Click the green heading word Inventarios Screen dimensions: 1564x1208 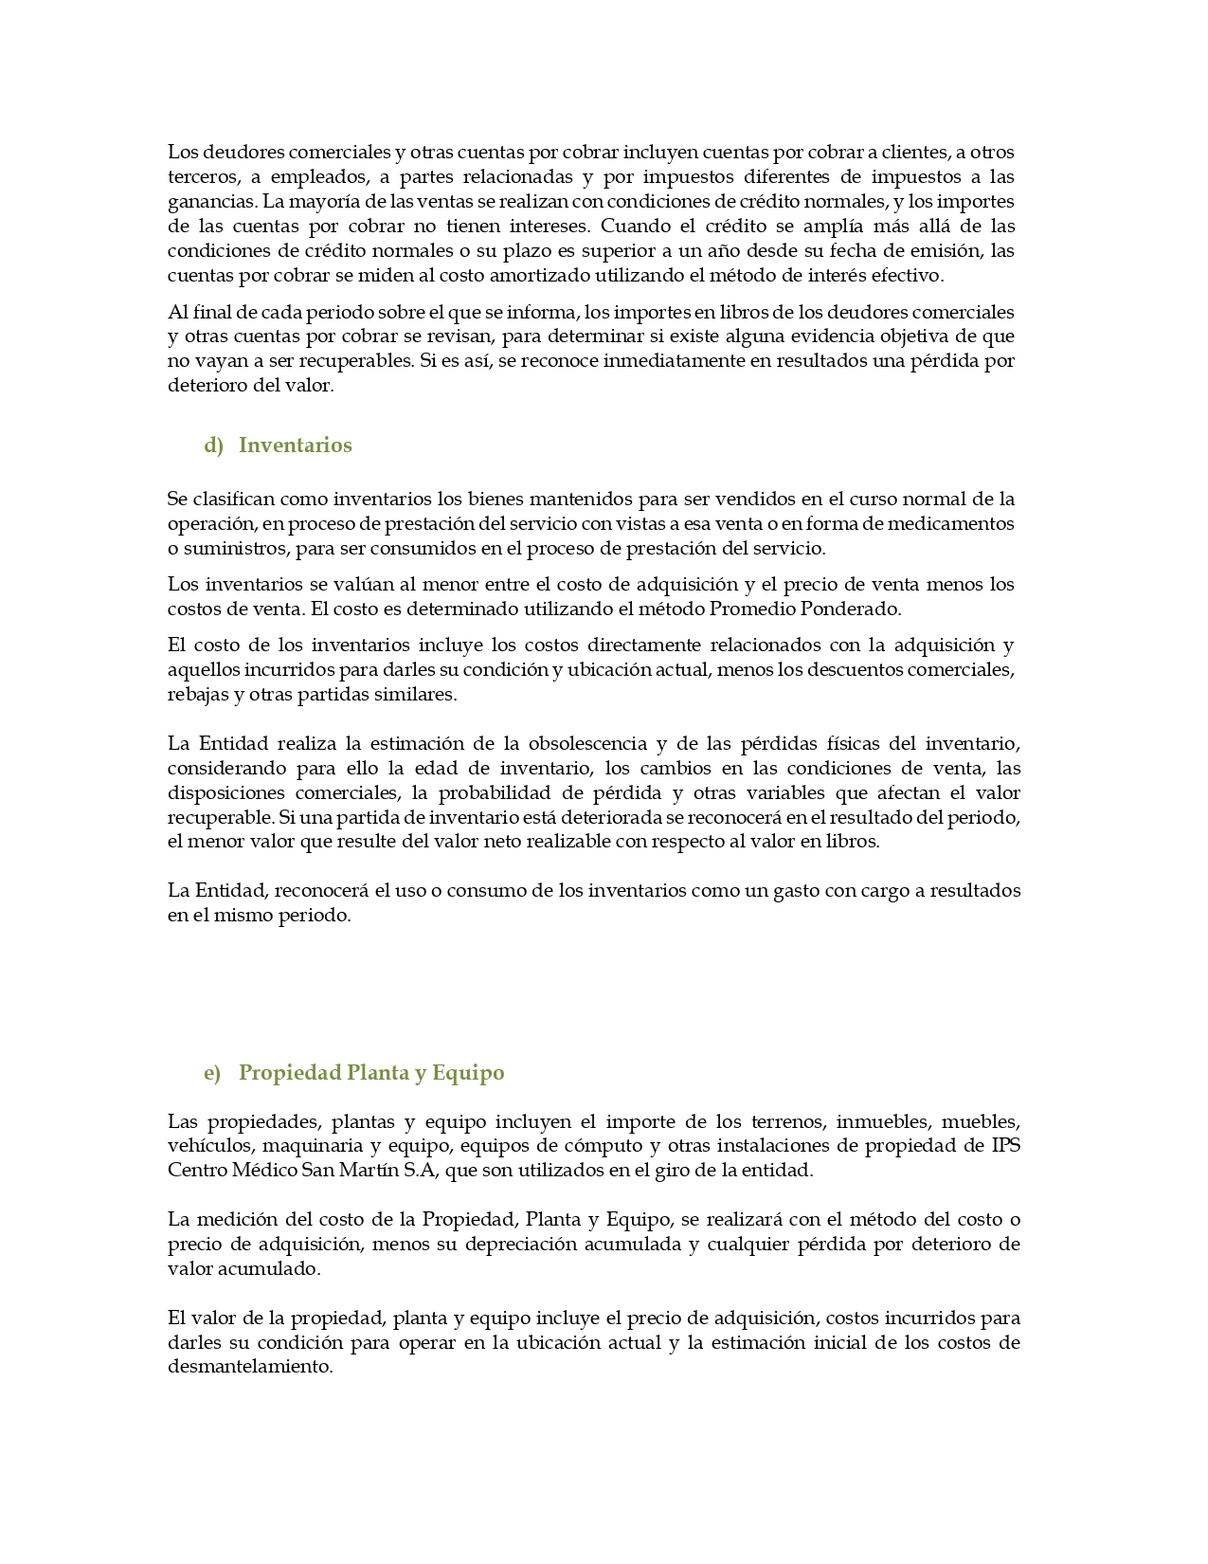295,446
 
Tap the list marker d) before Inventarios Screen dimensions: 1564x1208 213,446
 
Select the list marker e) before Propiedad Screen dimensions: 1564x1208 212,1073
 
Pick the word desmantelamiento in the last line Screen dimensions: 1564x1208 249,1367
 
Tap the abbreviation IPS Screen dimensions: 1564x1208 1005,1145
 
